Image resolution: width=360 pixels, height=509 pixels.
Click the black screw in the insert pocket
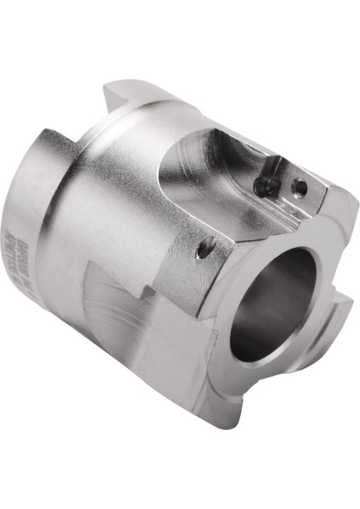click(x=264, y=185)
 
